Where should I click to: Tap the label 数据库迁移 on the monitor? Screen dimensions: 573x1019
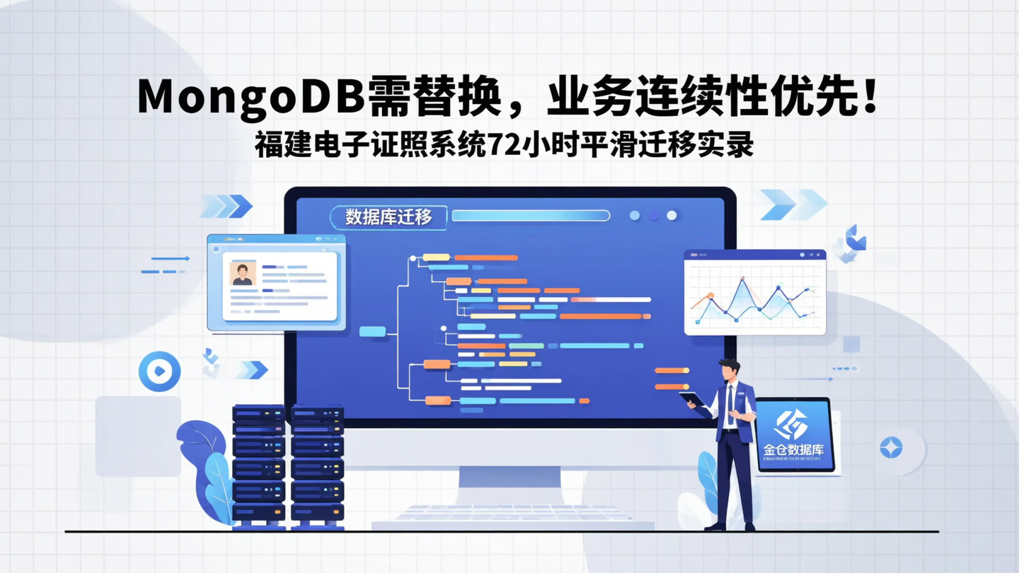pos(388,217)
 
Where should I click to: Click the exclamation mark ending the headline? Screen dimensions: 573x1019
pos(870,96)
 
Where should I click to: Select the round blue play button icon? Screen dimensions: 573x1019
pos(159,371)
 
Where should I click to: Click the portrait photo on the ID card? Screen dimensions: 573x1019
pos(243,274)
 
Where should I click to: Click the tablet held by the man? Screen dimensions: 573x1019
pos(693,400)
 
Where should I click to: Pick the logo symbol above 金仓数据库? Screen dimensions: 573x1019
pos(791,424)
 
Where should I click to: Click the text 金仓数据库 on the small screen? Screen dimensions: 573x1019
pos(793,450)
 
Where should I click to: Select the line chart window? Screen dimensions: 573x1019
pos(755,293)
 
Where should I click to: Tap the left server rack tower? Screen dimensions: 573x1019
pos(258,467)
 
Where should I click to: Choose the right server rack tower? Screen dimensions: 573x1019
pos(317,467)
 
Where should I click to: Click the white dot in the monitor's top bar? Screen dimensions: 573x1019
pos(672,215)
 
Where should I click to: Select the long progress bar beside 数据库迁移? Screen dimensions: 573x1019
pos(530,216)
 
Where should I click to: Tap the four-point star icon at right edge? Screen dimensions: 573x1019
pos(891,447)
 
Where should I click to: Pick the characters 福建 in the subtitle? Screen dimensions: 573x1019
pos(279,144)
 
